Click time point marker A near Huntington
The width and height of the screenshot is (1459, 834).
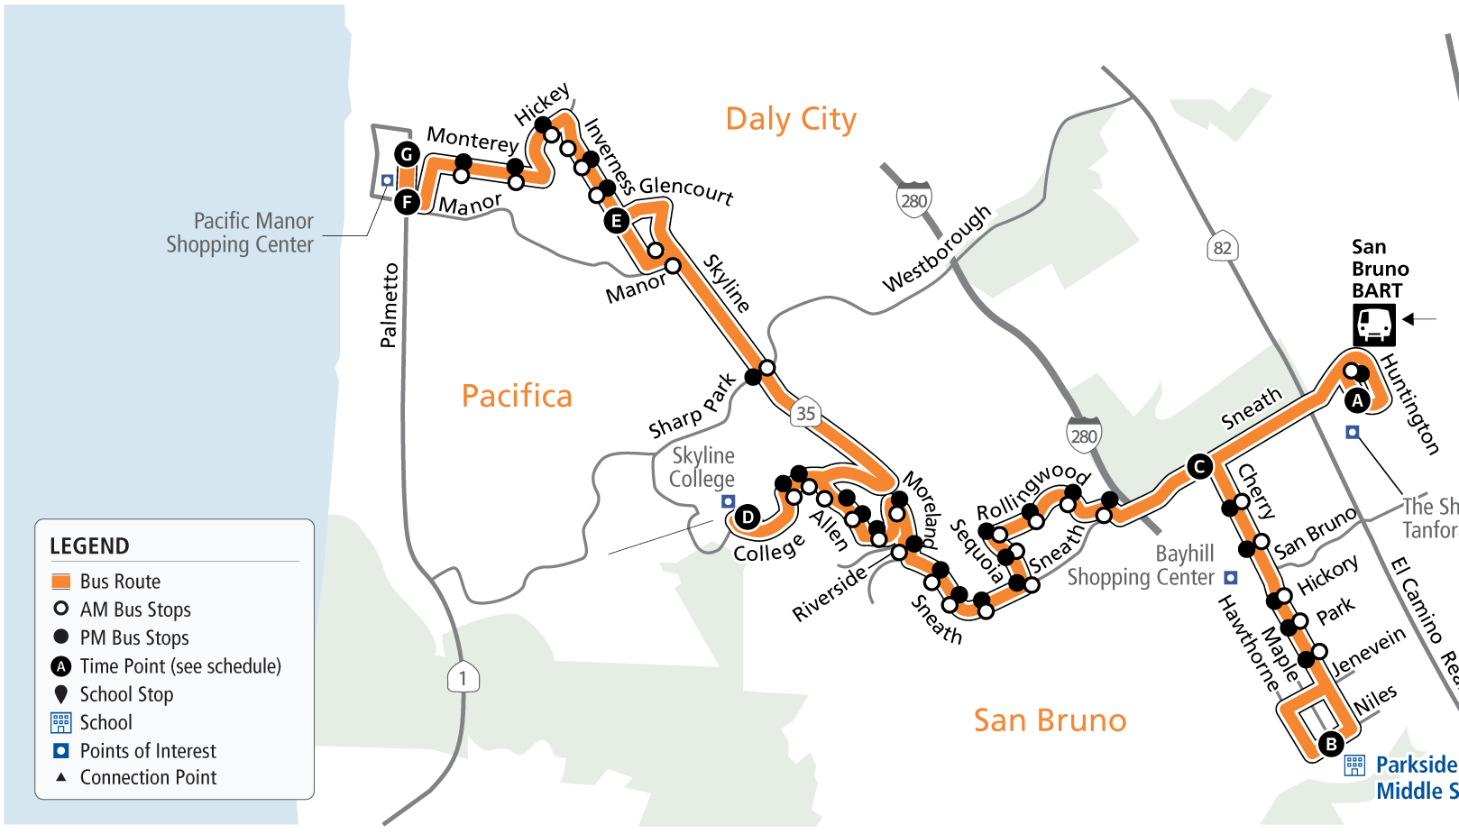click(1356, 400)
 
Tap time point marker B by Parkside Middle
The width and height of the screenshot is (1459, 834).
click(1331, 744)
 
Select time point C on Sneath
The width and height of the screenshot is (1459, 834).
click(1199, 466)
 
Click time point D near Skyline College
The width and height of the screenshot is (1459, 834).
click(747, 517)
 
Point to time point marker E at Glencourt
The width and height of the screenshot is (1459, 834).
click(617, 221)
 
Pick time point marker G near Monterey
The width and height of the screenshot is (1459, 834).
click(407, 154)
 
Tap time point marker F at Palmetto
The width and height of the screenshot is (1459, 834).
click(407, 201)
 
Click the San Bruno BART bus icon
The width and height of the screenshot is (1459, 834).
click(1373, 325)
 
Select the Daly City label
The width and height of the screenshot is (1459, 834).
click(791, 119)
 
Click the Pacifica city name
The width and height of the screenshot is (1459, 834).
click(517, 396)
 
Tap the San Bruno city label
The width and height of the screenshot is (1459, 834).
click(1050, 720)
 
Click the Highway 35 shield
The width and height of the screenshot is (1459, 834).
click(805, 413)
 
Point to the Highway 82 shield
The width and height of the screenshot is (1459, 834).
click(1222, 248)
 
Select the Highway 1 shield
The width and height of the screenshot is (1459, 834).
click(463, 678)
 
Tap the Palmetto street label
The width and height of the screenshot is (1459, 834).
click(389, 305)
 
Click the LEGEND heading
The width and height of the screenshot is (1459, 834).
click(89, 546)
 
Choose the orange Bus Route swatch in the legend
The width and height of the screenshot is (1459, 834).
click(61, 581)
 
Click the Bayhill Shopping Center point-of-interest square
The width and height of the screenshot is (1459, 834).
click(1230, 577)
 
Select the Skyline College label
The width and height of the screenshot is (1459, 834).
click(702, 467)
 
